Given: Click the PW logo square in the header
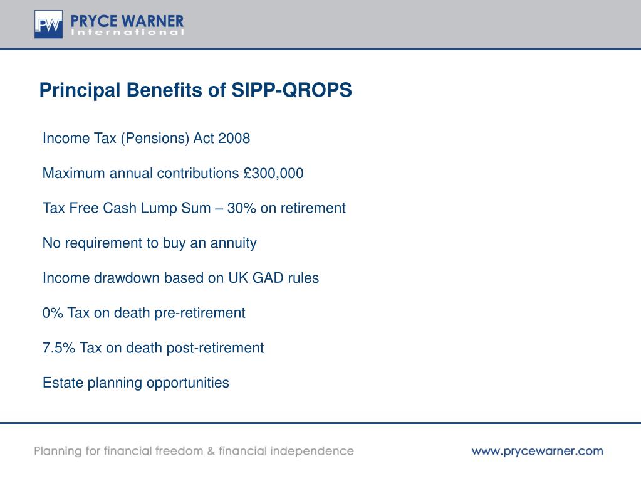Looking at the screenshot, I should click(x=48, y=24).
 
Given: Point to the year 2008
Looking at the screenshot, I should click(x=234, y=139).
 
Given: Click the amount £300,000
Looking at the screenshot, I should click(x=274, y=174).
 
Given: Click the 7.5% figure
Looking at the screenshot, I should click(x=59, y=347).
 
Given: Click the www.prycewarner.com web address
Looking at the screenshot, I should click(x=537, y=451).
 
